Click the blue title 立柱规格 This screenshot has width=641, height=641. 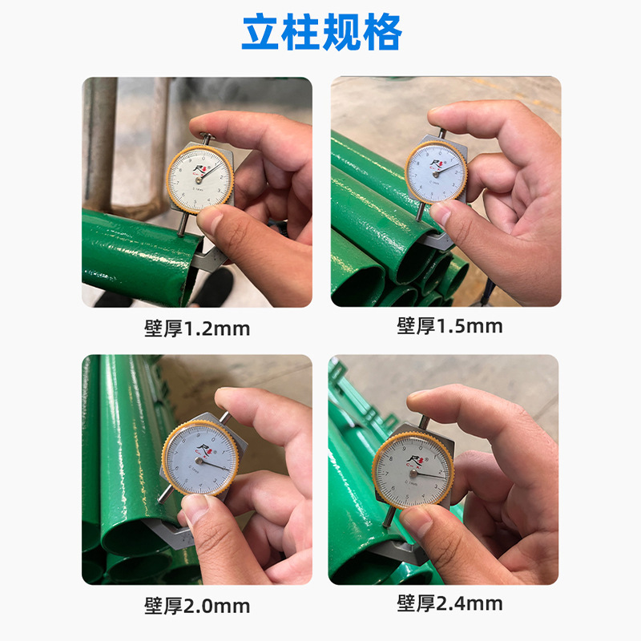(x=321, y=33)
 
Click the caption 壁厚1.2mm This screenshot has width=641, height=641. (x=197, y=328)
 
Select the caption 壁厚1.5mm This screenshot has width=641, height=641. (x=450, y=325)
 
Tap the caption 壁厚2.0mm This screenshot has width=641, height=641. (x=197, y=605)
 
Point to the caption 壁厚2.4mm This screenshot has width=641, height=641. (x=450, y=603)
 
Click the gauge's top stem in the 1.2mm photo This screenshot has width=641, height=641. (x=207, y=137)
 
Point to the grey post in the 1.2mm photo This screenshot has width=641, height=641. (x=101, y=144)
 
